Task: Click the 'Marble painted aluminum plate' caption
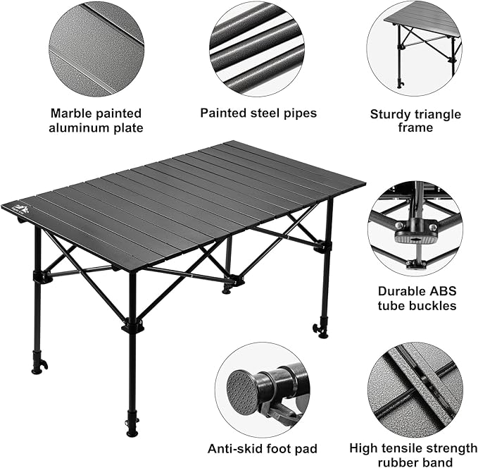coord(96,121)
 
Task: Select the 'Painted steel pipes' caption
coord(258,113)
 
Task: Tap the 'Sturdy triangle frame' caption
coord(415,121)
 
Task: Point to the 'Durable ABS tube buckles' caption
coord(417,298)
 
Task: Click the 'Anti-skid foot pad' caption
coord(262,448)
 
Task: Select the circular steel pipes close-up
coord(257,48)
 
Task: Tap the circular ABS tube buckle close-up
coord(415,228)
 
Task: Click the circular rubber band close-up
coord(415,389)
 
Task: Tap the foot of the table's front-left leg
coord(37,367)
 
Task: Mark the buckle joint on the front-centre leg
coord(132,326)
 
